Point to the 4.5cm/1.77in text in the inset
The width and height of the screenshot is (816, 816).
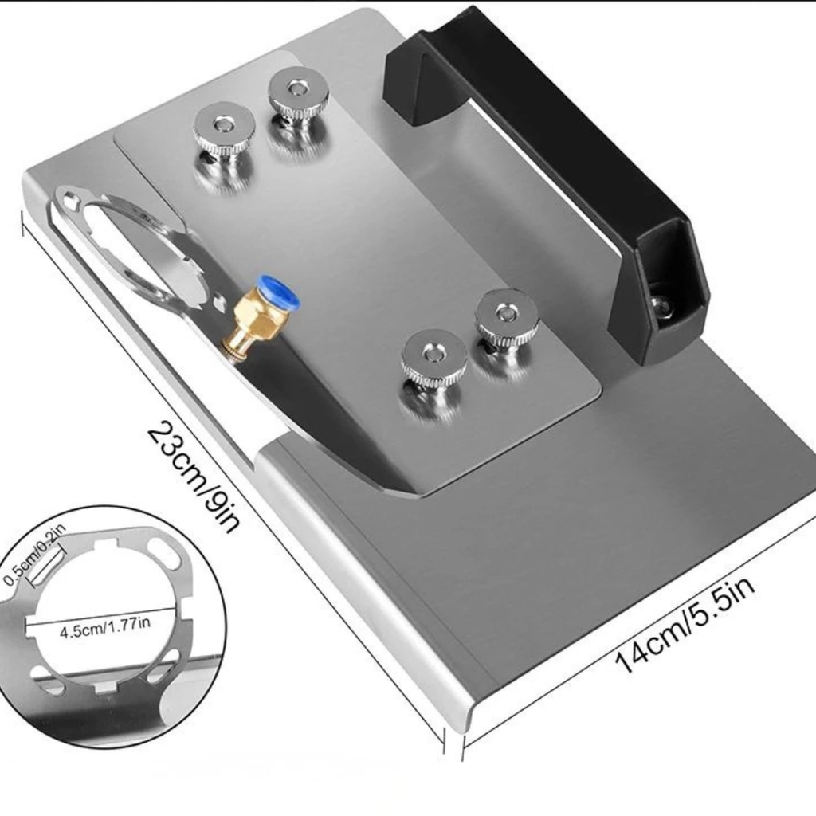pyautogui.click(x=105, y=628)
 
